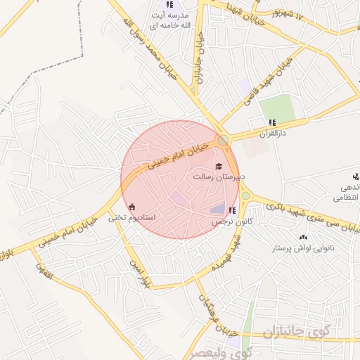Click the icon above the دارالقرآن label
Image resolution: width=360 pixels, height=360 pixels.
(272, 122)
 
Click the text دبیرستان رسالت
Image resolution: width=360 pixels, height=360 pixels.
(217, 178)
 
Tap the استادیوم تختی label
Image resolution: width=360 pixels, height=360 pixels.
(127, 218)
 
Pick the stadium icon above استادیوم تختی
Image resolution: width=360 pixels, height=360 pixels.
(132, 206)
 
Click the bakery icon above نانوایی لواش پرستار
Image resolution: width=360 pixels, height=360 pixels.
(303, 238)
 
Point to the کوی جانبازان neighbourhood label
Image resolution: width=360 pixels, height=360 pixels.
(295, 331)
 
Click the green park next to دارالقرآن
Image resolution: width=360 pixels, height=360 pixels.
(276, 108)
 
